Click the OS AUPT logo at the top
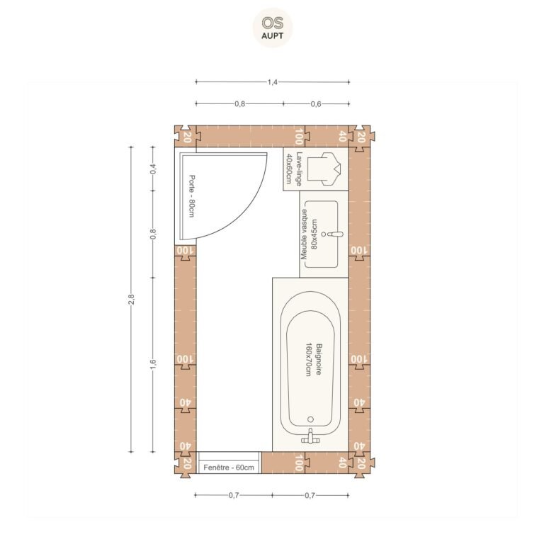click(x=272, y=28)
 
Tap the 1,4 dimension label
click(x=272, y=82)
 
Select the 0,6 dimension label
click(x=316, y=103)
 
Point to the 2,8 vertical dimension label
click(x=131, y=299)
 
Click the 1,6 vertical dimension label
click(x=153, y=365)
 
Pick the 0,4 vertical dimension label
click(x=153, y=169)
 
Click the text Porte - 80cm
click(x=191, y=196)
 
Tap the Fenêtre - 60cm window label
click(x=229, y=467)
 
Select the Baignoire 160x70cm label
click(x=313, y=360)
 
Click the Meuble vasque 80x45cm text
click(x=309, y=234)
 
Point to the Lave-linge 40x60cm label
click(x=293, y=169)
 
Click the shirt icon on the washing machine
click(x=324, y=169)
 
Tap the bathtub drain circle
click(x=310, y=419)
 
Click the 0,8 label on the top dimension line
click(x=239, y=103)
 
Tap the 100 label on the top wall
click(x=298, y=137)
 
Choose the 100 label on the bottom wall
click(x=298, y=463)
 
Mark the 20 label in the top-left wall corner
click(x=187, y=137)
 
